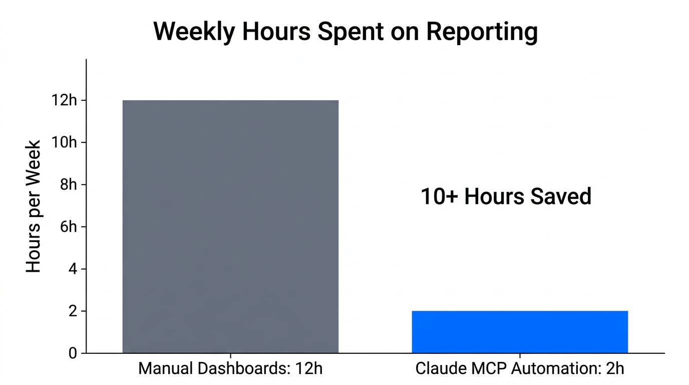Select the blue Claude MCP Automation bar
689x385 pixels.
click(520, 332)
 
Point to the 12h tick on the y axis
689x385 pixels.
click(65, 101)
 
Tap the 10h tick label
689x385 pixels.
click(65, 143)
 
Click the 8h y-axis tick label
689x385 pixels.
click(69, 185)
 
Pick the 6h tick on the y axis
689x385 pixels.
click(69, 227)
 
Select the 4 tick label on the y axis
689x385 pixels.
click(73, 269)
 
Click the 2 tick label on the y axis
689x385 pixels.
click(73, 311)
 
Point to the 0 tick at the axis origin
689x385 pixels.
click(73, 353)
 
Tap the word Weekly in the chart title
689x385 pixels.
click(193, 32)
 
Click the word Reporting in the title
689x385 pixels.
click(482, 32)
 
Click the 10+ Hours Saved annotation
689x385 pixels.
click(506, 197)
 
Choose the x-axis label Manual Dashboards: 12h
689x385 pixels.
click(230, 369)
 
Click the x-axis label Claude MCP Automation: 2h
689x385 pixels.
click(520, 369)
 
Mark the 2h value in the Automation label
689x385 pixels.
click(616, 369)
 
